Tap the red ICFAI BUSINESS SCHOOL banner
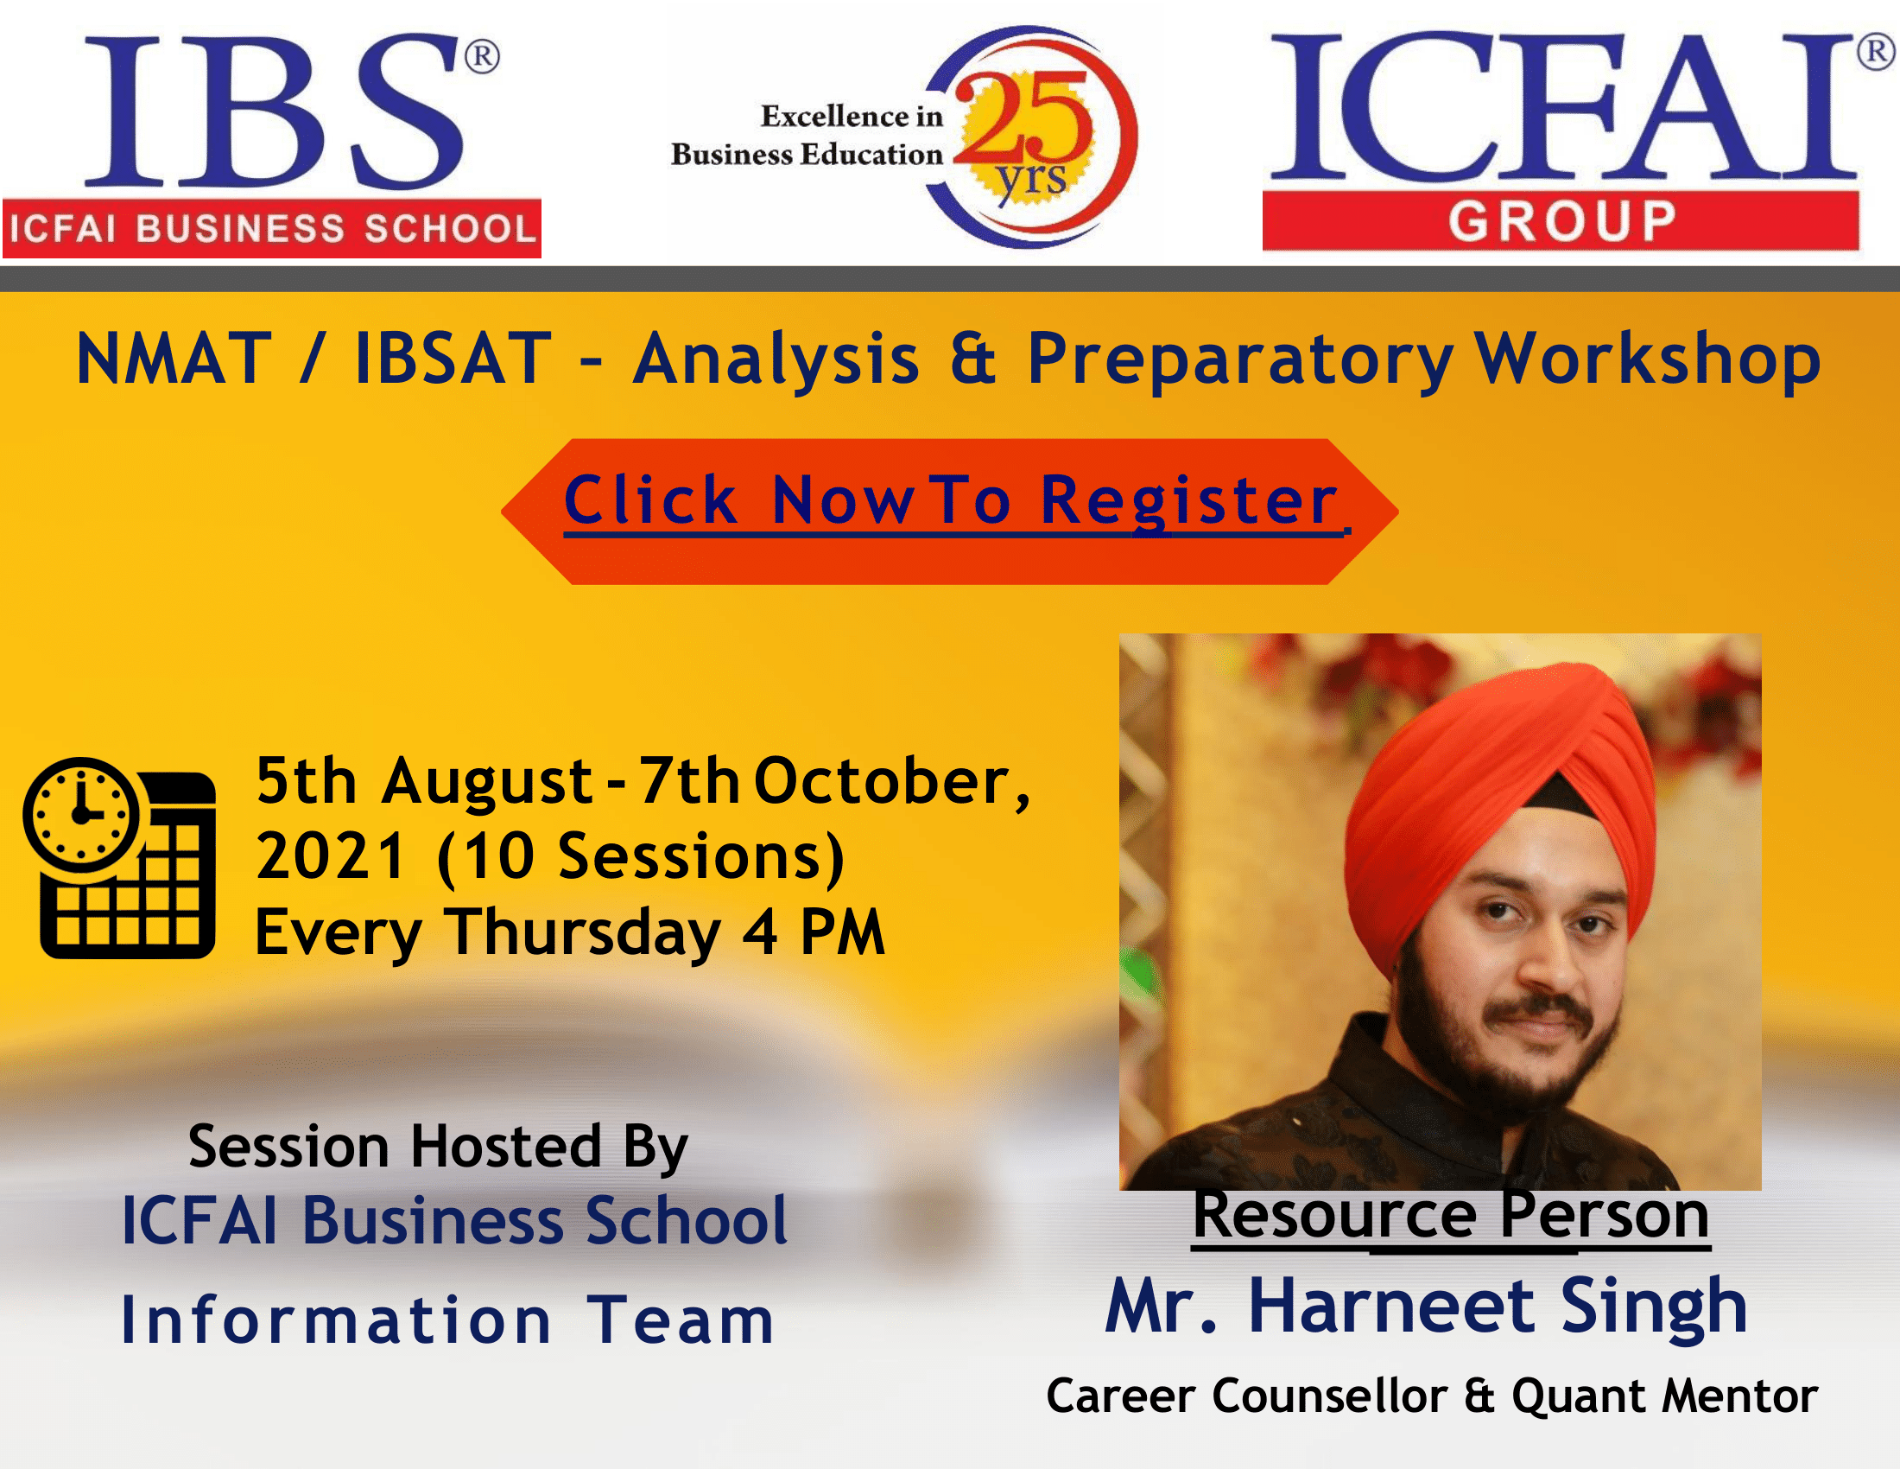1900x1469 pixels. [271, 229]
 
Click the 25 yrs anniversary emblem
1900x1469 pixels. [1034, 137]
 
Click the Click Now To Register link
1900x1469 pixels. [953, 501]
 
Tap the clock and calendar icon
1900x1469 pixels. [119, 858]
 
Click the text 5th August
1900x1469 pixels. [425, 782]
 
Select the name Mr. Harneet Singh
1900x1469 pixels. [1426, 1307]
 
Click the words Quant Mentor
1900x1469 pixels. [1664, 1396]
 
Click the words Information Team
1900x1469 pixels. [447, 1320]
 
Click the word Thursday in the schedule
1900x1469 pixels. [583, 932]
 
